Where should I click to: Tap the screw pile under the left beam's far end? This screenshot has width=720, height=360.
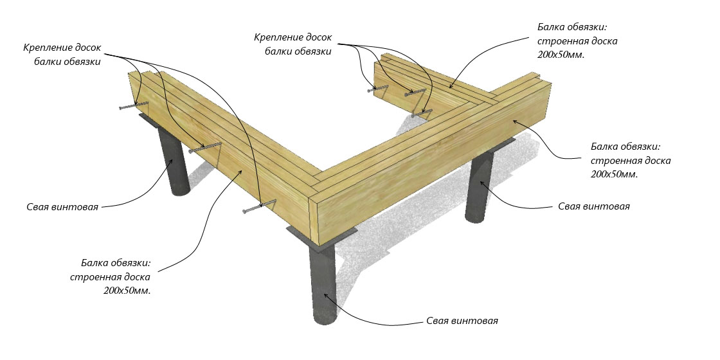coord(175,161)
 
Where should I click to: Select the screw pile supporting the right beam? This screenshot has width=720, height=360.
coord(479,186)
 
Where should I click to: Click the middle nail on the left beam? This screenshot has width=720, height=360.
coord(204,148)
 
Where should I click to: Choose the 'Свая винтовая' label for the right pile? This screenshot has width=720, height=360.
coord(593,206)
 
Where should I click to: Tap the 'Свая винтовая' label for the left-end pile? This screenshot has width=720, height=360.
coord(62,207)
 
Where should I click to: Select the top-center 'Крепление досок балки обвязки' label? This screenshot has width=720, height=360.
coord(292,44)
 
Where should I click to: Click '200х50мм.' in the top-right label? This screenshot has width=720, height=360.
coord(564,55)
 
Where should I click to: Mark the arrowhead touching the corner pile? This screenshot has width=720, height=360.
coord(327,295)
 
